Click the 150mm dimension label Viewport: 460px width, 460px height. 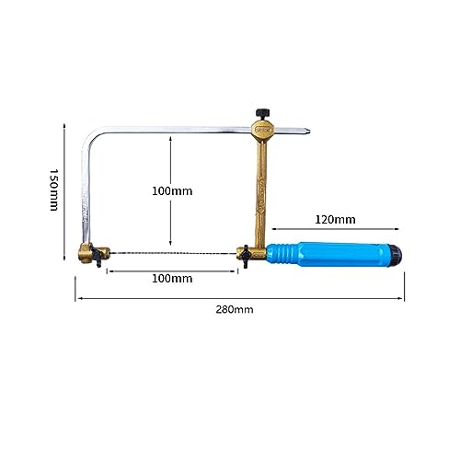click(54, 190)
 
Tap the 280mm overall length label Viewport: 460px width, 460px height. click(235, 309)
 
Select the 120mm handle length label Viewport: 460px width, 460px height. click(335, 220)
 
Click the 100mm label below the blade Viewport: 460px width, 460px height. click(172, 279)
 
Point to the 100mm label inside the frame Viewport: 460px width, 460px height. click(172, 191)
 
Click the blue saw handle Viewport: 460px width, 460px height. click(328, 254)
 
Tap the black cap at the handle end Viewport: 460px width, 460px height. click(396, 255)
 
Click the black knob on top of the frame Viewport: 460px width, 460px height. click(262, 113)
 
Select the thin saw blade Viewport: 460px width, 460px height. click(173, 254)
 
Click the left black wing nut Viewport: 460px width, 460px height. click(97, 256)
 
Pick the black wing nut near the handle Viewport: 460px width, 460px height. click(246, 257)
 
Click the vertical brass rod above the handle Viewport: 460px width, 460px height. click(261, 193)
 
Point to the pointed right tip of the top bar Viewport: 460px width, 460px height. click(310, 132)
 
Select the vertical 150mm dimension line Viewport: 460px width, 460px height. click(64, 192)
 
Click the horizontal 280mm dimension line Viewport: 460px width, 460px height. click(240, 298)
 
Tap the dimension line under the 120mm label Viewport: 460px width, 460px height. click(335, 229)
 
